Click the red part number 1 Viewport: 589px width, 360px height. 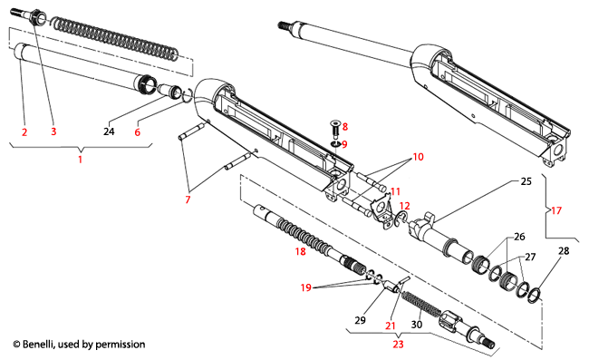tap(80, 160)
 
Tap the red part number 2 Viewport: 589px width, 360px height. tap(24, 132)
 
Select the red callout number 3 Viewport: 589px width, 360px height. tap(53, 132)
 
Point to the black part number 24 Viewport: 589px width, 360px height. tap(109, 132)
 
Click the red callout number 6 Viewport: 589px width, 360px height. tap(137, 132)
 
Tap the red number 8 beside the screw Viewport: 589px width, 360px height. tap(344, 127)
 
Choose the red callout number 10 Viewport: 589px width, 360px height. tap(417, 156)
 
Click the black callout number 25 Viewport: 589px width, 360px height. tap(526, 181)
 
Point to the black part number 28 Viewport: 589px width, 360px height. tap(563, 249)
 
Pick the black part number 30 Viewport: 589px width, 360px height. tap(416, 325)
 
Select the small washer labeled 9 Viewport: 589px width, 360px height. tap(334, 143)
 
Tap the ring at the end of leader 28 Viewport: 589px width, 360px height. tap(536, 296)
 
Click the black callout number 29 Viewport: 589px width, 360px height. tap(360, 322)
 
